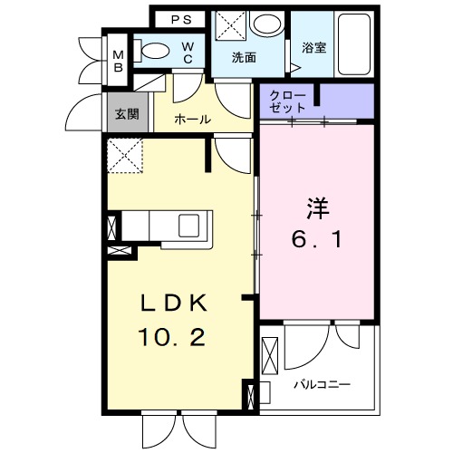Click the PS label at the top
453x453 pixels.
click(x=181, y=18)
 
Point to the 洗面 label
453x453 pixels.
click(x=243, y=57)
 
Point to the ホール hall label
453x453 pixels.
click(x=192, y=119)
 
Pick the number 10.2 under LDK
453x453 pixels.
click(x=177, y=338)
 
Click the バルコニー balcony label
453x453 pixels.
click(x=322, y=384)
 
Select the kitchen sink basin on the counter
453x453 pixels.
click(x=193, y=223)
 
